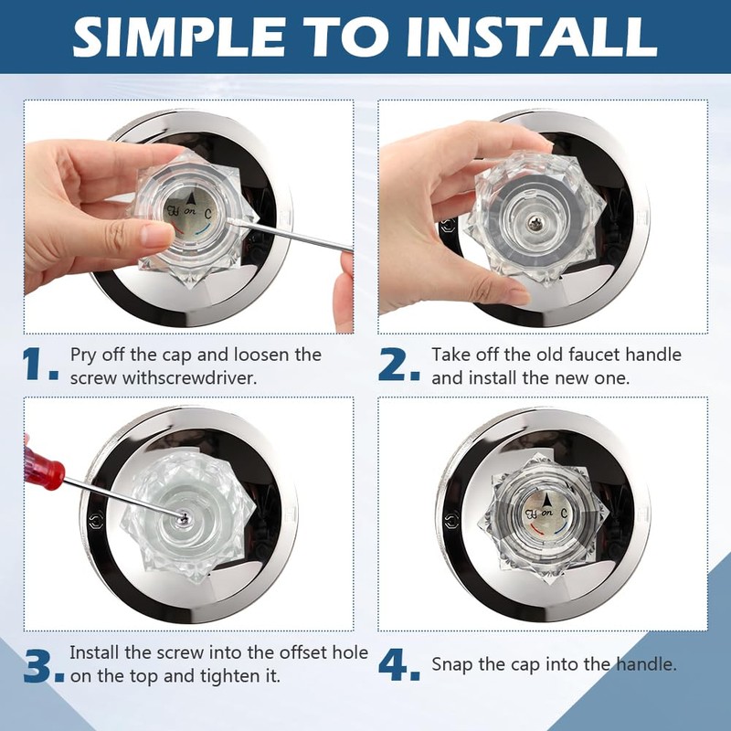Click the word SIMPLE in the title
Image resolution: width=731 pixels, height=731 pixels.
pyautogui.click(x=179, y=37)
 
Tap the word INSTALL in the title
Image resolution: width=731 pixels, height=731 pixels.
pyautogui.click(x=532, y=37)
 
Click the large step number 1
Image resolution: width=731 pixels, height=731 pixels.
pyautogui.click(x=40, y=364)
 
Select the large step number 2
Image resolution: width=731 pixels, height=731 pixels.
pyautogui.click(x=399, y=364)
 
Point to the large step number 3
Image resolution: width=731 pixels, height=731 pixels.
pyautogui.click(x=43, y=666)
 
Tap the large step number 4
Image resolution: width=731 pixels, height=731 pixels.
pyautogui.click(x=399, y=666)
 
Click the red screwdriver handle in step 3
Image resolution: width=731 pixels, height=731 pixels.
pyautogui.click(x=43, y=467)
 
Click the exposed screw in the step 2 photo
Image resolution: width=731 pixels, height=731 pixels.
pyautogui.click(x=535, y=224)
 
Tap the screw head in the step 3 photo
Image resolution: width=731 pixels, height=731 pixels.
pyautogui.click(x=185, y=517)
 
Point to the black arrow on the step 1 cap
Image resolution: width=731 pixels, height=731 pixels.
pyautogui.click(x=191, y=199)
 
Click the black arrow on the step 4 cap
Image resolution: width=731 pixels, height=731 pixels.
pyautogui.click(x=546, y=501)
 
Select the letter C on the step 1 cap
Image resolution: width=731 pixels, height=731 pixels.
pyautogui.click(x=208, y=214)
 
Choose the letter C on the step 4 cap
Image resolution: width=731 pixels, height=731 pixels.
pyautogui.click(x=565, y=514)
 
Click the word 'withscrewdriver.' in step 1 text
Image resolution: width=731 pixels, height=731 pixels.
pyautogui.click(x=190, y=377)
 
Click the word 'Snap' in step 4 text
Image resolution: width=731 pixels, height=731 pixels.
pyautogui.click(x=452, y=665)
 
